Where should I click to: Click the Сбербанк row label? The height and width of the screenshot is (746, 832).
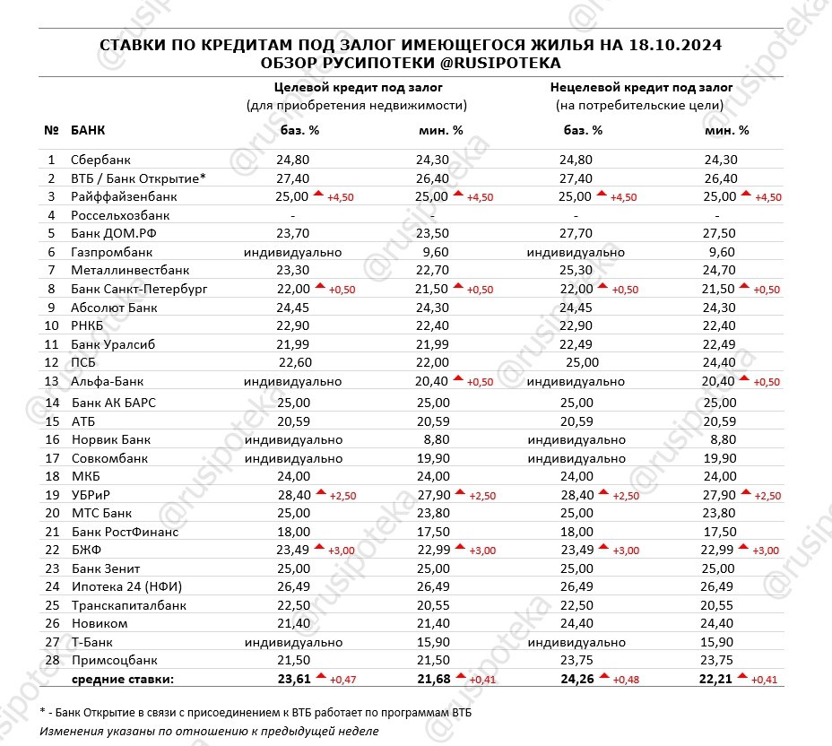point(101,160)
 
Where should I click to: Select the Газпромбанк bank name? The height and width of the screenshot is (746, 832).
point(110,252)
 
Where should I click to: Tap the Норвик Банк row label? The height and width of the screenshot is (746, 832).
point(111,440)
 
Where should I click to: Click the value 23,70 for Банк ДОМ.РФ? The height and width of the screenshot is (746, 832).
point(294,233)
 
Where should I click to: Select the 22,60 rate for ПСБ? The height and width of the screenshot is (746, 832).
point(294,362)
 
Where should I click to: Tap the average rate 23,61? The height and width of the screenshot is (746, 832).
point(294,679)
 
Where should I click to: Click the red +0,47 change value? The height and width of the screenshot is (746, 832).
point(343,680)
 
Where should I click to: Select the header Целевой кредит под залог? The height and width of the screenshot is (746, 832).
point(357,88)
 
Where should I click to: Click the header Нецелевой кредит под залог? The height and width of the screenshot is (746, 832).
point(641,88)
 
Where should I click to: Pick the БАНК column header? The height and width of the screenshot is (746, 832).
point(88,130)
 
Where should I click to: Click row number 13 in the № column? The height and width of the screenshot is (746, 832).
point(51,381)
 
